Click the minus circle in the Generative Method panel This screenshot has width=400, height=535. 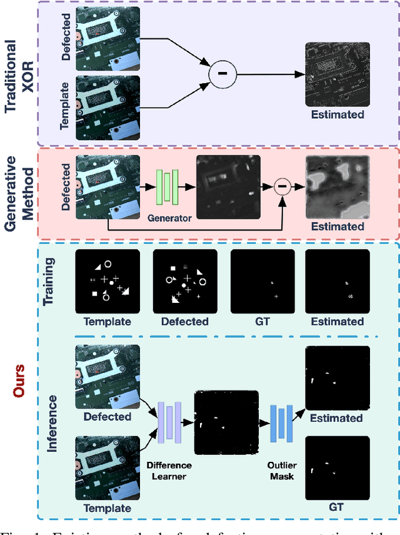[x=283, y=185]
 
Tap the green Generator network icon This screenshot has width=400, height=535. [x=167, y=186]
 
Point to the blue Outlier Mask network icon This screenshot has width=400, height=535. [x=282, y=422]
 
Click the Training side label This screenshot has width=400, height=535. [x=52, y=282]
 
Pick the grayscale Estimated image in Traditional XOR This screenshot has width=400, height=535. [x=337, y=74]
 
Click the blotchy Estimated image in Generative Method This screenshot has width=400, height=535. [x=337, y=186]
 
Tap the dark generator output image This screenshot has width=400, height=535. [x=227, y=185]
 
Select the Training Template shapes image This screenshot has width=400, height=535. [x=107, y=282]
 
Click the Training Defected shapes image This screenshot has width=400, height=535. [x=185, y=282]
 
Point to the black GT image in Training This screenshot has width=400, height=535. [x=262, y=282]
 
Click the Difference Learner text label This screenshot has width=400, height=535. [x=169, y=471]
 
